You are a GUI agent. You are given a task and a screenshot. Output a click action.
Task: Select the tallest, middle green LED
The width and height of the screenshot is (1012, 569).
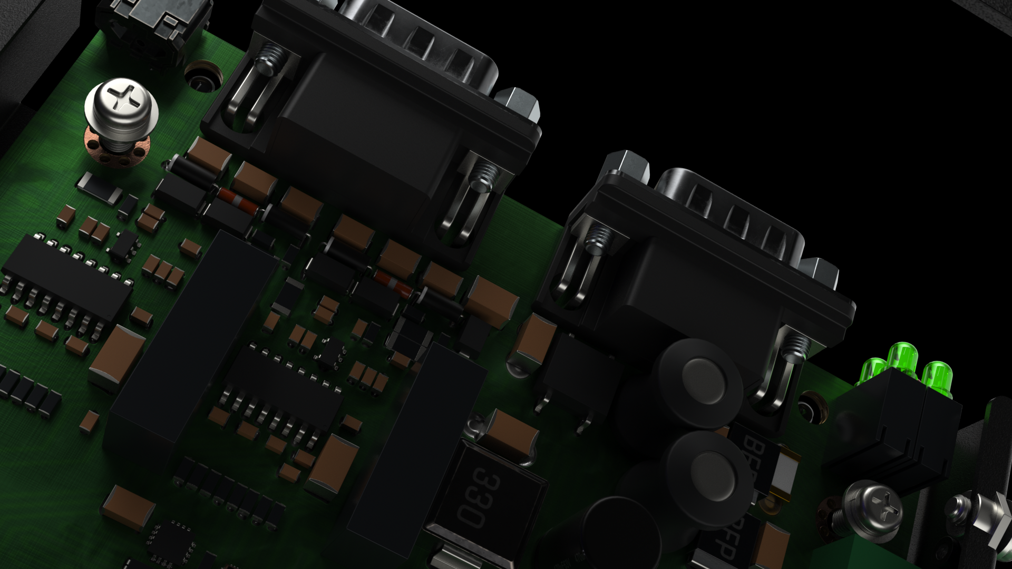[903, 356]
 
